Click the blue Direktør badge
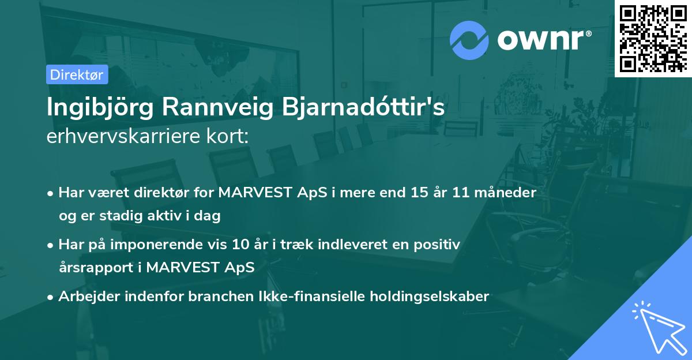pyautogui.click(x=77, y=74)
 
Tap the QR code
pyautogui.click(x=653, y=38)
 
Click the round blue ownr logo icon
pyautogui.click(x=469, y=40)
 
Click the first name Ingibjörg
pyautogui.click(x=100, y=108)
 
